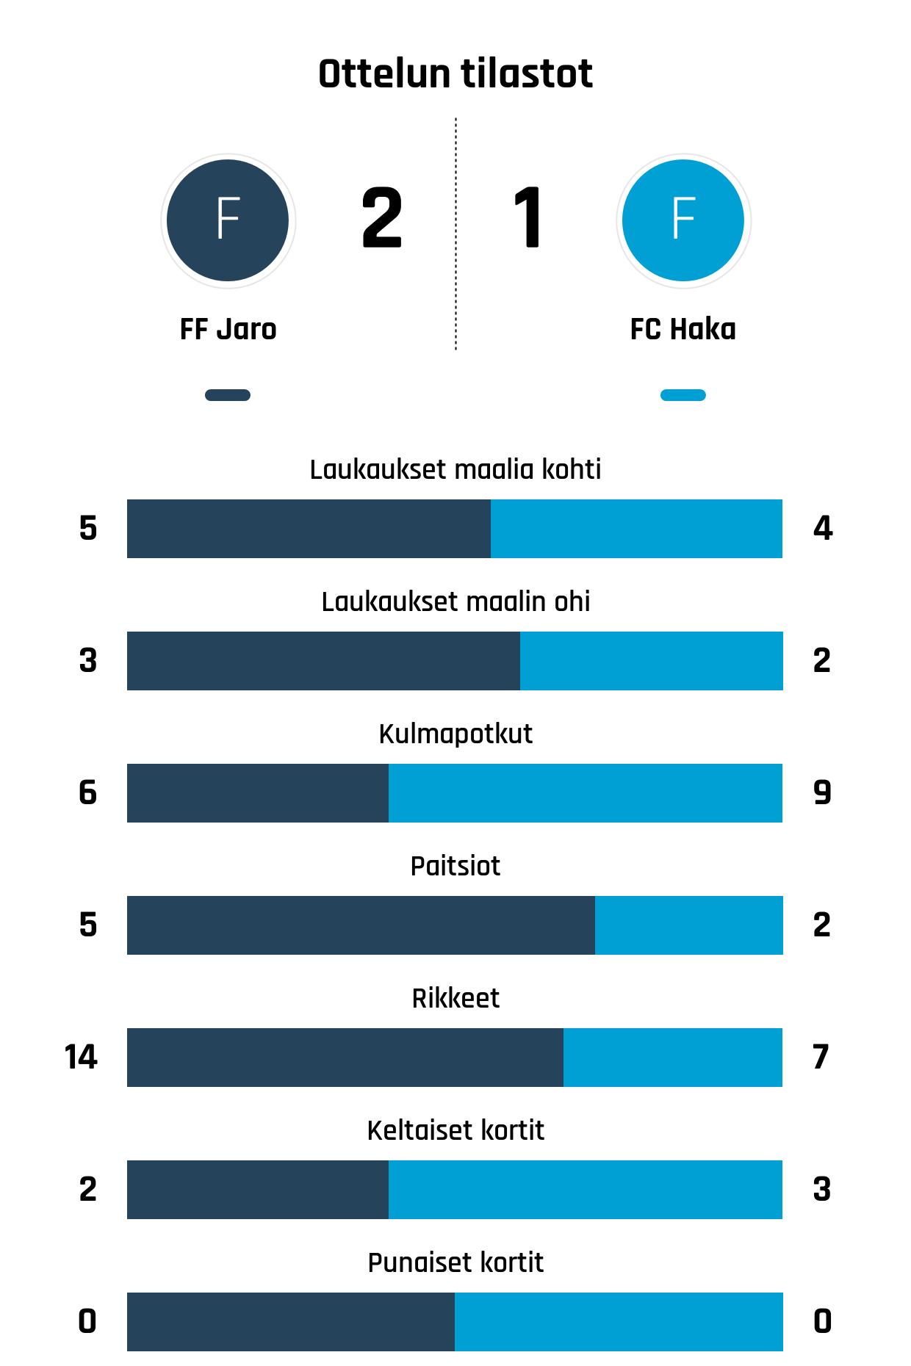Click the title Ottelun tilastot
coord(455,73)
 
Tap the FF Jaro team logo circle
coord(228,220)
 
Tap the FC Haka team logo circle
coord(683,220)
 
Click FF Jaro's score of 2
coord(382,218)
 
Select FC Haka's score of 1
coord(528,218)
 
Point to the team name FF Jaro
coord(228,329)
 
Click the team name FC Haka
coord(683,329)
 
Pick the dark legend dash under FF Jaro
coord(228,395)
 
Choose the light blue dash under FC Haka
coord(683,395)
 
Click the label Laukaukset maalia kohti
coord(455,469)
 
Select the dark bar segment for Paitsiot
coord(361,925)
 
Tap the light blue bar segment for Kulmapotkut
coord(586,793)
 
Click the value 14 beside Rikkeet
coord(81,1058)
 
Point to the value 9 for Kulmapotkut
coord(822,793)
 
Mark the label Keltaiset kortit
coord(455,1130)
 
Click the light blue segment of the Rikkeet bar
coord(673,1058)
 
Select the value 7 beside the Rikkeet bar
coord(821,1058)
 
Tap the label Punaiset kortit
coord(455,1262)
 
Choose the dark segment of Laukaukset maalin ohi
coord(323,661)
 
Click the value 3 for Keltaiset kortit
coord(822,1190)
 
